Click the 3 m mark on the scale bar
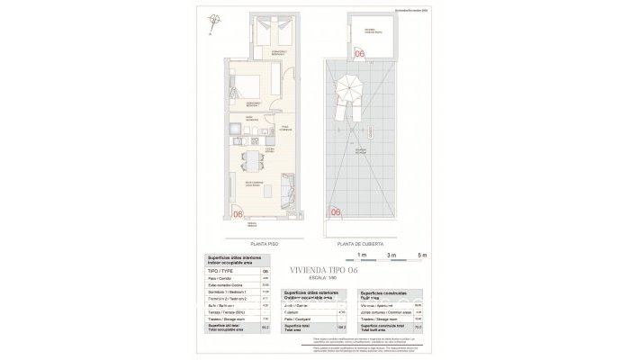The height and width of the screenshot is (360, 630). (x=390, y=256)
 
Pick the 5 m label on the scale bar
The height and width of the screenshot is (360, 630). (x=421, y=256)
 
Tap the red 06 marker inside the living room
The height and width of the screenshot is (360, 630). (x=238, y=214)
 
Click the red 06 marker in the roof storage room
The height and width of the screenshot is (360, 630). (x=359, y=55)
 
